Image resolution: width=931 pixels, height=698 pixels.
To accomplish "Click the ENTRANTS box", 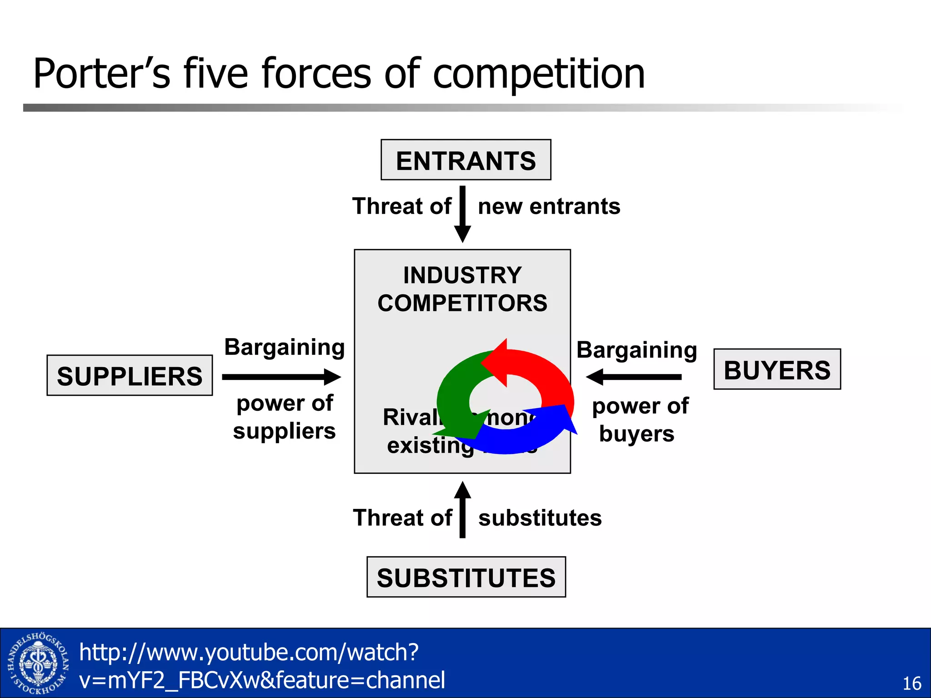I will [465, 160].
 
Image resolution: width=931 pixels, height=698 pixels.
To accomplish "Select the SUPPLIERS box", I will [130, 376].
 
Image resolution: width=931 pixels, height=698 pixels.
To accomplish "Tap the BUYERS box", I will [777, 369].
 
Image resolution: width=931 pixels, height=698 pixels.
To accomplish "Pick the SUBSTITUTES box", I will [466, 577].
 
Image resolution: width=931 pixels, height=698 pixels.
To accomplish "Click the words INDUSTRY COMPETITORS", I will [462, 289].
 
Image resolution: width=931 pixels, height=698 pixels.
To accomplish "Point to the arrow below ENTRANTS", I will [462, 214].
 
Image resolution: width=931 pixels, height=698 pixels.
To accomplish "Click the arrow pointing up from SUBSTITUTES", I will [462, 509].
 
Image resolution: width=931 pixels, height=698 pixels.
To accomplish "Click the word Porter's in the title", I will [101, 74].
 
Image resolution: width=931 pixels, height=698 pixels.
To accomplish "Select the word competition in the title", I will [539, 74].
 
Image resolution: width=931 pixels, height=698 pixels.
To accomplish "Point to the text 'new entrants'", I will [549, 206].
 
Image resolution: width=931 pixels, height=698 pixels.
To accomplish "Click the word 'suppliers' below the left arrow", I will [284, 431].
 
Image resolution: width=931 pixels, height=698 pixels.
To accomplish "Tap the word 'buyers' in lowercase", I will [636, 434].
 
